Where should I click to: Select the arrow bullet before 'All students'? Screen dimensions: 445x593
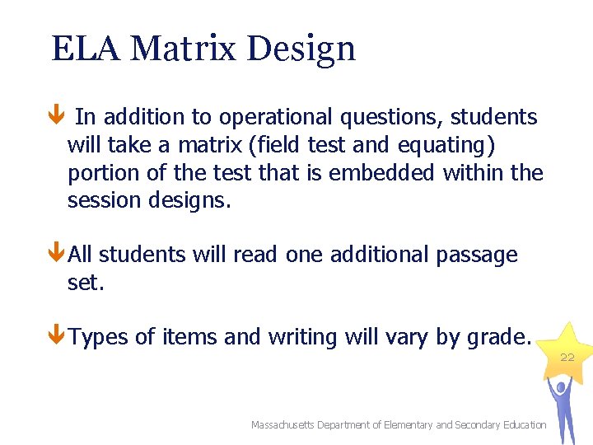[55, 255]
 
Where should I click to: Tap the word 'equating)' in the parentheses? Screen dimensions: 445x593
[446, 145]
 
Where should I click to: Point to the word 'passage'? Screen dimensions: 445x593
[475, 255]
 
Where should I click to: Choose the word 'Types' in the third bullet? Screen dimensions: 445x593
[104, 337]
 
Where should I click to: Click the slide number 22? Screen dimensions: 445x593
[567, 357]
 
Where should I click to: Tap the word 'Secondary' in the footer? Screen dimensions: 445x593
[481, 424]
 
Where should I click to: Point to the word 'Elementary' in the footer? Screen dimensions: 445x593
[406, 424]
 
